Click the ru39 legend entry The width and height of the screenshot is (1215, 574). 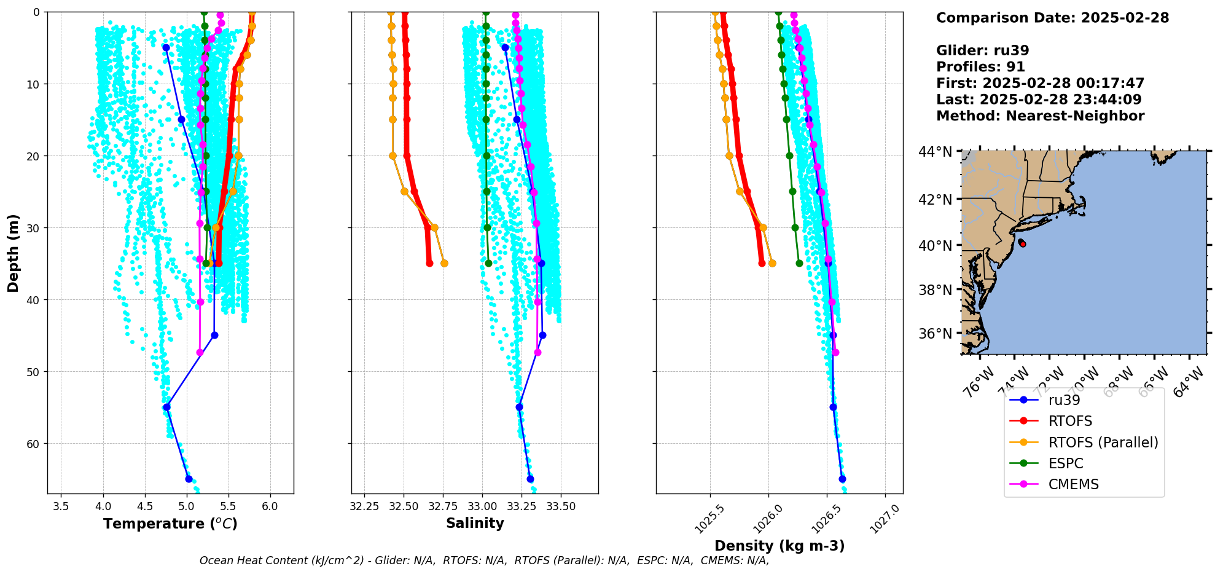pos(1064,400)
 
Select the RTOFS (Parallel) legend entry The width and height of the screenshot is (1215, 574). pos(1103,442)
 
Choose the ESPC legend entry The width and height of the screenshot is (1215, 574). pos(1066,463)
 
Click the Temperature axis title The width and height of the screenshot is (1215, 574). pos(170,524)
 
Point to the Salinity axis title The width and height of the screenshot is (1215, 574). pos(475,524)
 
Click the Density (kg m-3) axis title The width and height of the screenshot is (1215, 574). pos(779,546)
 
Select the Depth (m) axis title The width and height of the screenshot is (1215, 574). pos(14,253)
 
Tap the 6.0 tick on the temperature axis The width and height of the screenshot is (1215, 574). pos(270,506)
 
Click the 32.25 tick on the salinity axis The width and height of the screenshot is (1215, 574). pos(364,506)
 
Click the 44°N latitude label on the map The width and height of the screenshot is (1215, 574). pos(936,152)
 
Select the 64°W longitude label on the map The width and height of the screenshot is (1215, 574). pos(1189,382)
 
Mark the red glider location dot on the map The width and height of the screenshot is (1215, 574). pos(1022,244)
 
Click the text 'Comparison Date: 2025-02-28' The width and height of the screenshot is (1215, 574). pos(1052,18)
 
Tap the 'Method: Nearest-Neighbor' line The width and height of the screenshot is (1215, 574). pos(1040,116)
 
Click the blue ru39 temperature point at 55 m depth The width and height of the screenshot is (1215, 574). pos(166,407)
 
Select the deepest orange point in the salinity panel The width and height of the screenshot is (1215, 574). pos(444,263)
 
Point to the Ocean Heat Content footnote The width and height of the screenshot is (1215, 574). pos(484,560)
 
